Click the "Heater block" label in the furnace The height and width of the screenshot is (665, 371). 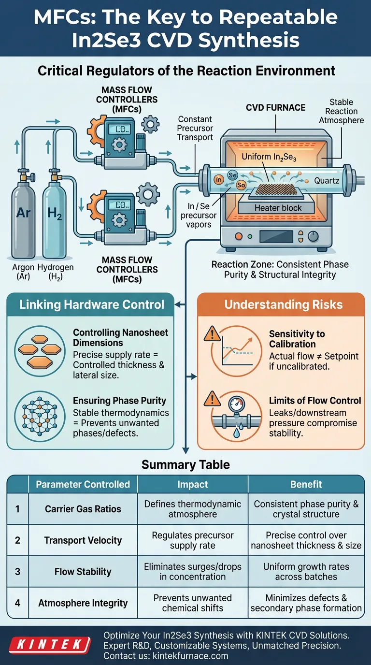(278, 208)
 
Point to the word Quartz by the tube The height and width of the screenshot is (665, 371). (327, 181)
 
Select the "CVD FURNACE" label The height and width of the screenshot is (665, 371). (275, 107)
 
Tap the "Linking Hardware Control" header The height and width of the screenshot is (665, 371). (92, 305)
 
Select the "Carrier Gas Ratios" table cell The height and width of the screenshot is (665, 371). (83, 508)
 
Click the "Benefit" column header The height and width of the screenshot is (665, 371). (306, 484)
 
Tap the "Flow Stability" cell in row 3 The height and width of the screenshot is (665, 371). (83, 572)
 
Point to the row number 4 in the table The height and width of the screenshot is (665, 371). (17, 603)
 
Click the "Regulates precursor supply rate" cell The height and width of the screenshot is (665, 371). (193, 540)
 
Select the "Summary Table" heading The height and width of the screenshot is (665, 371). (185, 465)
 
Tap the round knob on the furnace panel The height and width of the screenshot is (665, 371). (313, 236)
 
